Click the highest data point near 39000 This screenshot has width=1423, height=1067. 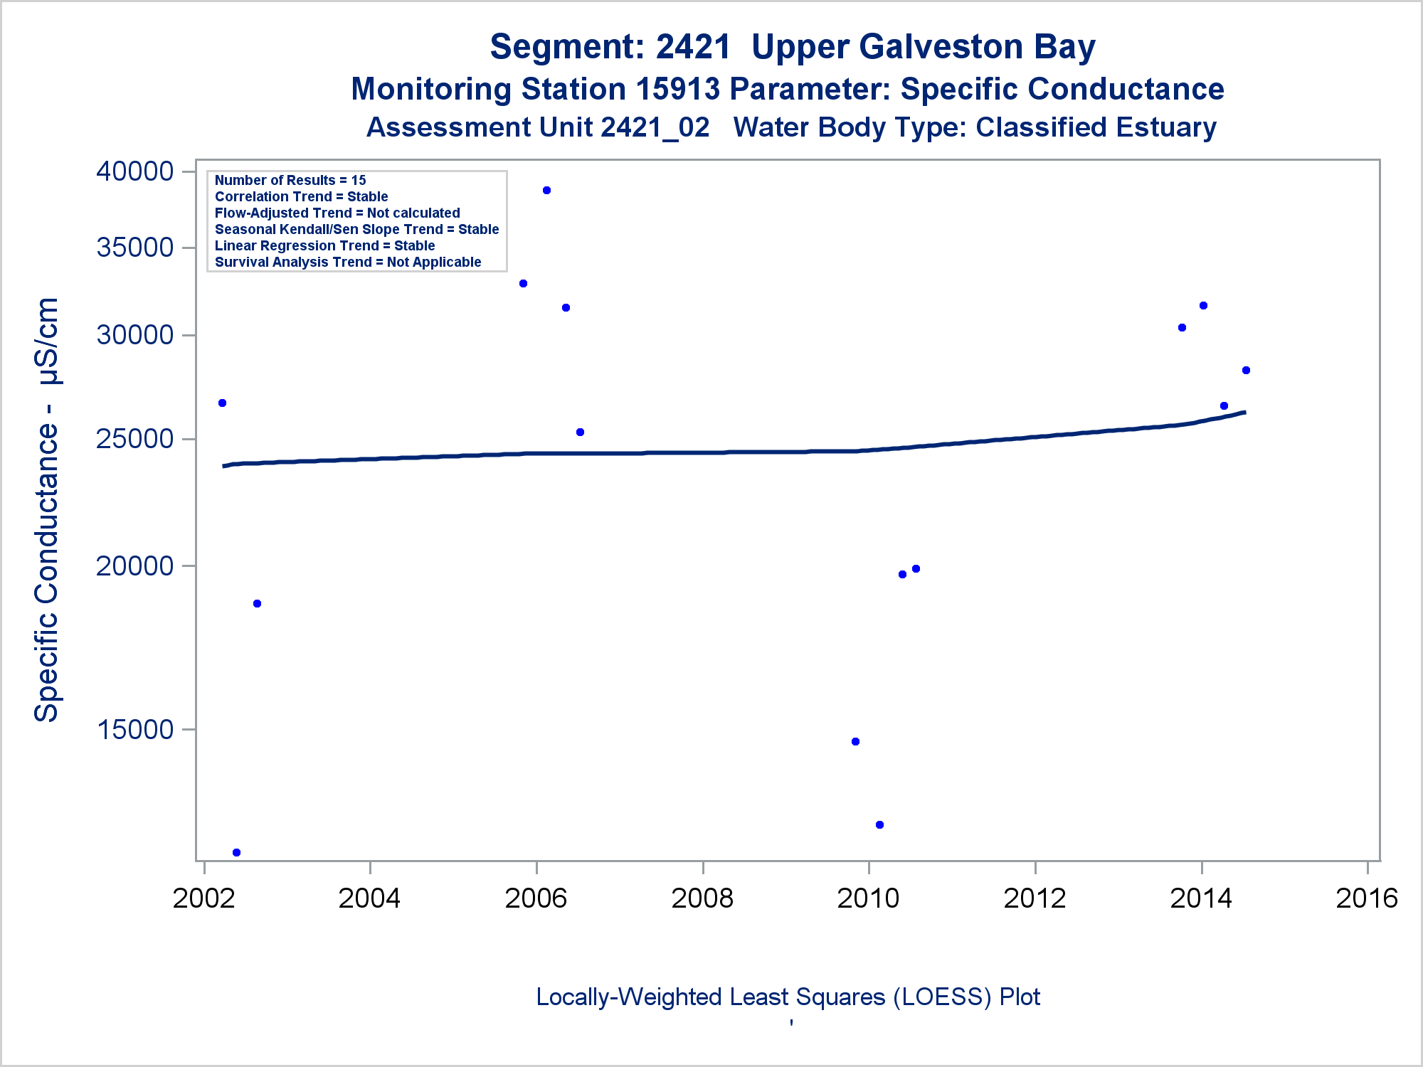[x=546, y=191]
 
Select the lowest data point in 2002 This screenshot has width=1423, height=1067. [x=236, y=852]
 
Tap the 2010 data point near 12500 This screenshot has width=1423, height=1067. [x=879, y=825]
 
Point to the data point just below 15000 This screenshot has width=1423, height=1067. [x=855, y=742]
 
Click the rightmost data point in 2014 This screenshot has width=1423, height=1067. [x=1246, y=371]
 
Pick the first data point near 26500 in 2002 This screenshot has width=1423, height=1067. [x=222, y=403]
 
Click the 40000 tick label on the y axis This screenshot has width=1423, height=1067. [x=135, y=171]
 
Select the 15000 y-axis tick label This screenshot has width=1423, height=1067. [x=135, y=730]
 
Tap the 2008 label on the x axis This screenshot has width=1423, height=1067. [x=702, y=898]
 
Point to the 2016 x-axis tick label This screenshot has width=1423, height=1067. [x=1367, y=898]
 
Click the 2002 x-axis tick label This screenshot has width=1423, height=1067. [x=204, y=898]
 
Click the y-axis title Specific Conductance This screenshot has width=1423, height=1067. [x=47, y=509]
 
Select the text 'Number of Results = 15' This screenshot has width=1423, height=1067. [x=290, y=181]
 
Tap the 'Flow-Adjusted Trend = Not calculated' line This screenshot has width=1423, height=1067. [x=337, y=213]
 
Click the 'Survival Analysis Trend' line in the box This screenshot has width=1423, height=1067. [x=348, y=262]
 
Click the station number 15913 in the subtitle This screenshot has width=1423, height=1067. [x=677, y=90]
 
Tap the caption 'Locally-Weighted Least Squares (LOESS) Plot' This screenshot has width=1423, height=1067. [x=788, y=997]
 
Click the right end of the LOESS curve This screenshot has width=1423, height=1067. [x=1244, y=413]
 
